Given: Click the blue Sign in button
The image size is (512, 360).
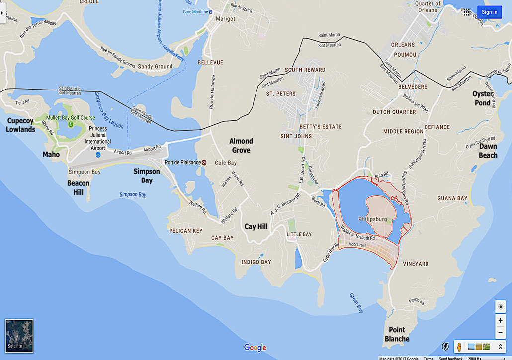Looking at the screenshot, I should pos(489,12).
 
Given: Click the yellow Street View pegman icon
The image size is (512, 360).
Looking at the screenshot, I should pos(460,347).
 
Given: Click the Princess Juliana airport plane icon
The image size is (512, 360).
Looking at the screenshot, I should pos(98,155).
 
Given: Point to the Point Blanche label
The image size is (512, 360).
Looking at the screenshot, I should pos(397,334).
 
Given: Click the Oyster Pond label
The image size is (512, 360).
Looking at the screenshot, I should pos(483,98).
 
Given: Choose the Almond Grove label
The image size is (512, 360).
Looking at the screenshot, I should pos(241,145).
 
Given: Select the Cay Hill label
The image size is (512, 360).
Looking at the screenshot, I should pos(256,227).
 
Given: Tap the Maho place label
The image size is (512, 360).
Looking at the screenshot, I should pos(51,155).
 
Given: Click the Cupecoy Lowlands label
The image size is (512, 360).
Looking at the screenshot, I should pos(21,125).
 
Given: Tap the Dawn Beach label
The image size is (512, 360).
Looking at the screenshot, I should pos(488,151).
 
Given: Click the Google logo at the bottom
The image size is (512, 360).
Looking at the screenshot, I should pos(255,348).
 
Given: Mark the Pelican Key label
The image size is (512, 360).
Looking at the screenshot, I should pos(186,231).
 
